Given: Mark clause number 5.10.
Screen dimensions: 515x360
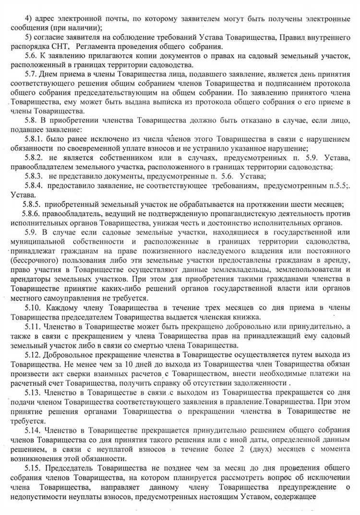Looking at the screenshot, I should pyautogui.click(x=33, y=306).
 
